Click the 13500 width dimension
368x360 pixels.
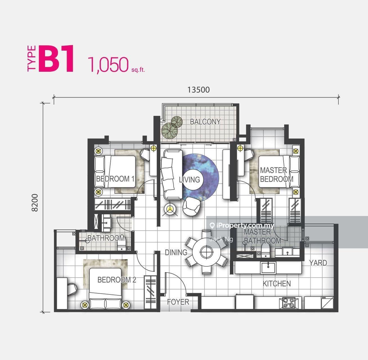pyautogui.click(x=198, y=90)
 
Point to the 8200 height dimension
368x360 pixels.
pyautogui.click(x=35, y=202)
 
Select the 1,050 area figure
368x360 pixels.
pyautogui.click(x=108, y=65)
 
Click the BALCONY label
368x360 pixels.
pyautogui.click(x=205, y=122)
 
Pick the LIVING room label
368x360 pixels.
pyautogui.click(x=189, y=180)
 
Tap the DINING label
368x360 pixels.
pyautogui.click(x=176, y=252)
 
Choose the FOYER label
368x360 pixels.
pyautogui.click(x=178, y=302)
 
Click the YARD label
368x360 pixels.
pyautogui.click(x=318, y=263)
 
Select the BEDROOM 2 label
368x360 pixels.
pyautogui.click(x=117, y=280)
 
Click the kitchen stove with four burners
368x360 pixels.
pyautogui.click(x=289, y=303)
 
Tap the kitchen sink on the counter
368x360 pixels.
pyautogui.click(x=268, y=268)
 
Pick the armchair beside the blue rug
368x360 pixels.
pyautogui.click(x=191, y=206)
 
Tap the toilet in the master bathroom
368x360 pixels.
pyautogui.click(x=266, y=251)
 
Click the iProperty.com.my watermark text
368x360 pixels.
pyautogui.click(x=242, y=225)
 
